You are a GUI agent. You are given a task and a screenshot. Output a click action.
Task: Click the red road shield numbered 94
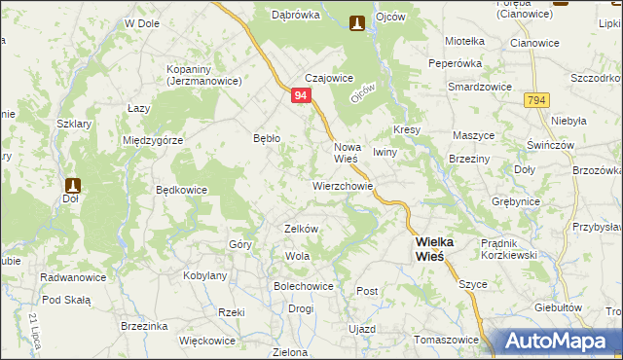pos(301,95)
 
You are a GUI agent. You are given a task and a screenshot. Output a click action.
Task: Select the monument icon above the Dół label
pos(72,185)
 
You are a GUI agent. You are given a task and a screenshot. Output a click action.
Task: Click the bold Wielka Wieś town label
pos(429,247)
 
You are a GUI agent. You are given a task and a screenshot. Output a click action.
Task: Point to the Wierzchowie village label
pos(342,184)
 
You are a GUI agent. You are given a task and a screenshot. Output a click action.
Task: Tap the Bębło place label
pos(266,138)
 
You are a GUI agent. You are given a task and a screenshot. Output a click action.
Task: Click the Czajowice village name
pos(328,79)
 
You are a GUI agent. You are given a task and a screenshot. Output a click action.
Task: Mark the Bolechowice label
pos(303,287)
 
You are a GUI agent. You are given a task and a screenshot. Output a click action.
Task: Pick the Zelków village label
pos(301,228)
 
